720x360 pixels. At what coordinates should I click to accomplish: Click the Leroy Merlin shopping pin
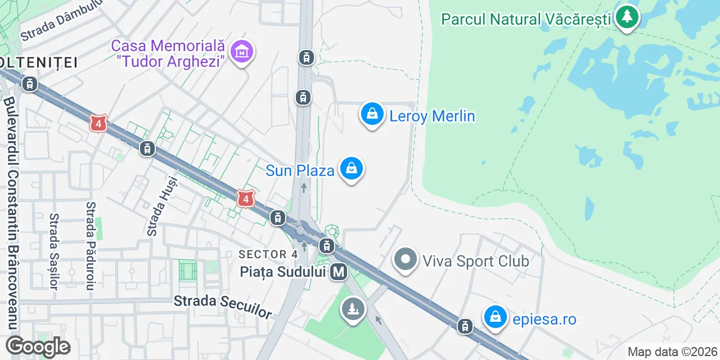372,114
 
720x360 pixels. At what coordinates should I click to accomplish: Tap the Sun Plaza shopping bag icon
352,168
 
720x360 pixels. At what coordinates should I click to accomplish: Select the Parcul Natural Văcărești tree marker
626,17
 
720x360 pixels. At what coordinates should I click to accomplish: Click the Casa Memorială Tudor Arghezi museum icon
242,52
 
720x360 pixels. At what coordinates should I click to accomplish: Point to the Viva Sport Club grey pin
405,260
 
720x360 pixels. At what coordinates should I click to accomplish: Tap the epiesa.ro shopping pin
495,317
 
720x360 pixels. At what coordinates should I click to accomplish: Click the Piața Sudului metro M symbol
339,272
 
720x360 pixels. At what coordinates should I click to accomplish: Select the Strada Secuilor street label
223,307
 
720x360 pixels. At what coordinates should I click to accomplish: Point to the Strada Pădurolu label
91,245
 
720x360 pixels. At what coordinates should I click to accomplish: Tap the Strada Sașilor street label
54,251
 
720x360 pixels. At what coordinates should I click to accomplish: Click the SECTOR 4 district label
271,254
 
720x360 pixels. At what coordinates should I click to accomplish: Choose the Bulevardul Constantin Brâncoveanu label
12,214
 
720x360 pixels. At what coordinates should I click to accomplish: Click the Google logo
38,346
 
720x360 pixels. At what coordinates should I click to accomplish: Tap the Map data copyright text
673,352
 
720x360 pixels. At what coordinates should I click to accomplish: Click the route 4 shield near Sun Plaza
245,199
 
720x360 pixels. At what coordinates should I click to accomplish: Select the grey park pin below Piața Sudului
353,309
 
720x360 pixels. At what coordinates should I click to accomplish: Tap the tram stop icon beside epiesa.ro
465,326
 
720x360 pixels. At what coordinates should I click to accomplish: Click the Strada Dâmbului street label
62,25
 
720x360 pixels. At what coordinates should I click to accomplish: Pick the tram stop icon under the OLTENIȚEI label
29,84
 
